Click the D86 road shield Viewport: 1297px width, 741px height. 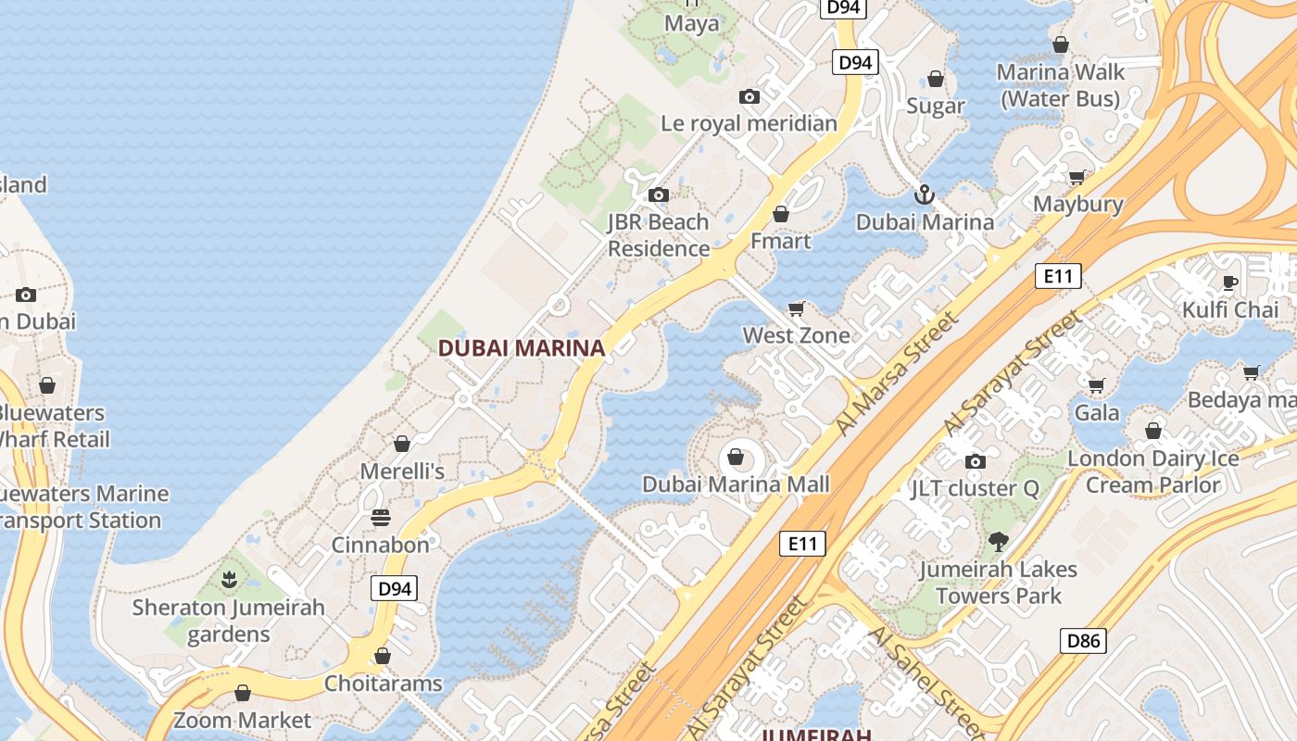click(1083, 640)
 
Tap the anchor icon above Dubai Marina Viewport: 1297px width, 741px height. click(924, 195)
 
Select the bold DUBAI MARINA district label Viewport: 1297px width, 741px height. click(521, 348)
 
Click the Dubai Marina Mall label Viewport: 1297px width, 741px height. click(736, 484)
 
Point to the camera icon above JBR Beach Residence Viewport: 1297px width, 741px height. click(659, 195)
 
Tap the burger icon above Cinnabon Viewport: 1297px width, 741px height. click(381, 517)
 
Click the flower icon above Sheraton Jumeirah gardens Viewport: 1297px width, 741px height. click(229, 581)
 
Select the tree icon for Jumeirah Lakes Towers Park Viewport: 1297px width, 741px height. click(998, 542)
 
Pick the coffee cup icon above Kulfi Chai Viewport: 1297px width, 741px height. click(1230, 283)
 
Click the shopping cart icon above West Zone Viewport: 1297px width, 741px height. click(796, 308)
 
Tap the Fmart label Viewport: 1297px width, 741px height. click(780, 241)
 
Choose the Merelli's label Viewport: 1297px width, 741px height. click(402, 471)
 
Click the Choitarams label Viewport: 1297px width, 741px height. click(383, 684)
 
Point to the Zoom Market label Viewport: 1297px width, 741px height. click(243, 720)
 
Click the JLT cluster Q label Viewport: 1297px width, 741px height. click(975, 488)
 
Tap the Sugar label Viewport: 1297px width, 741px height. click(936, 106)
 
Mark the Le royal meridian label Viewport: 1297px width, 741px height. click(749, 123)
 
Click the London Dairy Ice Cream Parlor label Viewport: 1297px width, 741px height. click(1153, 471)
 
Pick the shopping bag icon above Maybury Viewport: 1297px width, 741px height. click(1077, 177)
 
